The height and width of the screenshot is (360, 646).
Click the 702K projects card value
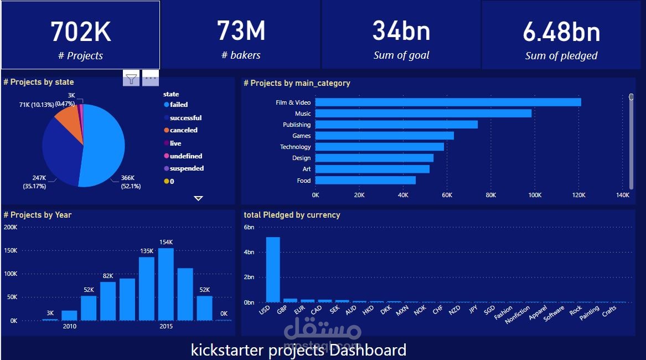point(81,32)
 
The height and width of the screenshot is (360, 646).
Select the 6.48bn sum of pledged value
point(561,33)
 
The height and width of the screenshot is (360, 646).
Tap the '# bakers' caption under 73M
point(241,55)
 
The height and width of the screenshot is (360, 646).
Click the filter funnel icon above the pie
point(131,79)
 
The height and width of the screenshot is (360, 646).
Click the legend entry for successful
point(185,118)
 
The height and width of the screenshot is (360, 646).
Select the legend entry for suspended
point(186,168)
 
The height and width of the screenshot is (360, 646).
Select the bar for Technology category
point(379,147)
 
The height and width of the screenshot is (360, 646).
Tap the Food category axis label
point(304,181)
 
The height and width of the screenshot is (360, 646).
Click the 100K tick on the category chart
point(534,195)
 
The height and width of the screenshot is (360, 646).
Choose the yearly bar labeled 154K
point(166,284)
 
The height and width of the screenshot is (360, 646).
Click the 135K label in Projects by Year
point(147,251)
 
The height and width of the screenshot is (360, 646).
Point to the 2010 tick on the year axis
point(69,326)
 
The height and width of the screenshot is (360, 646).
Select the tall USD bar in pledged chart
point(273,269)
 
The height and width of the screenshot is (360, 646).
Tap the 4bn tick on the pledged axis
point(249,252)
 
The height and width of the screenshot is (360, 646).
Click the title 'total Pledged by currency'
point(292,215)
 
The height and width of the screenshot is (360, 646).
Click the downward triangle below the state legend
point(198,198)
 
